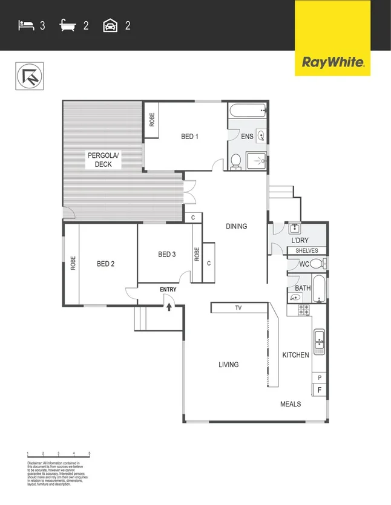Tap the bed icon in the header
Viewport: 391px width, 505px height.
click(25, 25)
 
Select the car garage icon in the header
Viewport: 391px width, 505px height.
click(111, 25)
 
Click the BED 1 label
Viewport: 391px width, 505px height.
click(190, 137)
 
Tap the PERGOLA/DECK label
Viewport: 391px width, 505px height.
click(103, 160)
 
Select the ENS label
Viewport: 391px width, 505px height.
click(247, 137)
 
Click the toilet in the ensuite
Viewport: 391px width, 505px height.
click(236, 161)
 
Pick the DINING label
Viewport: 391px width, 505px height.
click(236, 227)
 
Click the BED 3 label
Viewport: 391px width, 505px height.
click(166, 255)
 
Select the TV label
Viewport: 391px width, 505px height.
click(238, 308)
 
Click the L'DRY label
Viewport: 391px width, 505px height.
click(301, 241)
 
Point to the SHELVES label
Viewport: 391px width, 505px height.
click(307, 250)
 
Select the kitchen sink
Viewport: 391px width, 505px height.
click(319, 342)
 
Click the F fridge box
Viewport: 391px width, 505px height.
click(320, 390)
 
